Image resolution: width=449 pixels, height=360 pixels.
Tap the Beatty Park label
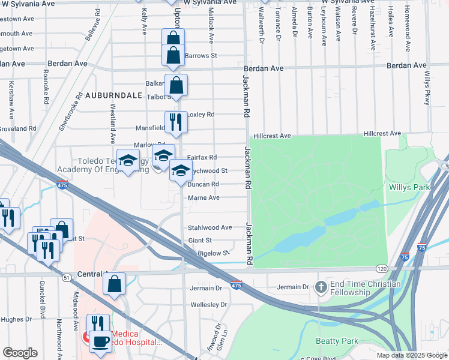click(x=337, y=341)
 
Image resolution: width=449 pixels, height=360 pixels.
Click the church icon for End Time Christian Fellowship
click(x=321, y=287)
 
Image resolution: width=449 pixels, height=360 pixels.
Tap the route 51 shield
click(x=67, y=277)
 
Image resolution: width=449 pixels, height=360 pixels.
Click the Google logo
click(x=20, y=353)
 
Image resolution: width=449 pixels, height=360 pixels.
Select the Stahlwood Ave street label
click(x=209, y=228)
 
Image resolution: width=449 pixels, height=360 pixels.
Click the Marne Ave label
click(x=203, y=198)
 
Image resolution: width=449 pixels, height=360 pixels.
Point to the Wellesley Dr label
click(x=208, y=305)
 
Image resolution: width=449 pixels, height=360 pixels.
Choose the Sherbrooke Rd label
click(x=70, y=112)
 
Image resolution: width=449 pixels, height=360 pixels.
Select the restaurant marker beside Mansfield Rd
click(x=176, y=122)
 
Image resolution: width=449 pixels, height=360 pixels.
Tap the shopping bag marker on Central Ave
click(x=114, y=283)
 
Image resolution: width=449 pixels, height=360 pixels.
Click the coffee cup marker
click(x=100, y=342)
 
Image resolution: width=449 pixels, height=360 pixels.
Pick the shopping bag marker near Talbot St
click(x=176, y=85)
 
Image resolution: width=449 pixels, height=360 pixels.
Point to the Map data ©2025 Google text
click(x=412, y=355)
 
